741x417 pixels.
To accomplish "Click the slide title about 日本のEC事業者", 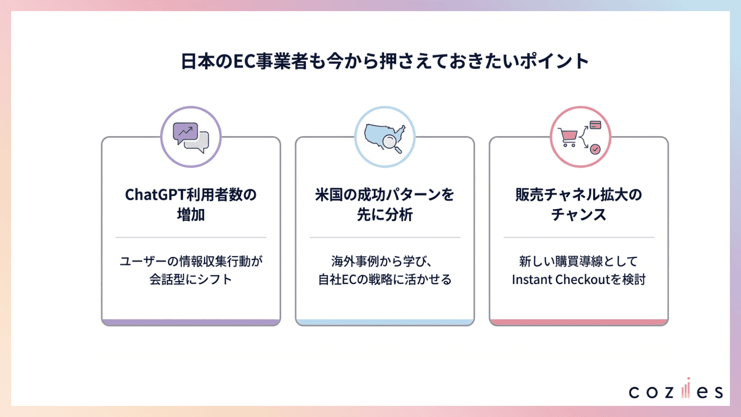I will tap(384, 61).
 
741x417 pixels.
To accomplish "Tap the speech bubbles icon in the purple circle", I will tap(191, 137).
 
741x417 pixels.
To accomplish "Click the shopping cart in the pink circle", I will tap(568, 137).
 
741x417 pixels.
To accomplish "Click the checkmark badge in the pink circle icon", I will tap(595, 149).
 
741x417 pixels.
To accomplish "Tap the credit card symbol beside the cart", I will tap(596, 125).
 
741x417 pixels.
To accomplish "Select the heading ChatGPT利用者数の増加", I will tap(191, 204).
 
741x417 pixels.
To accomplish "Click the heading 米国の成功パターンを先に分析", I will tap(384, 204).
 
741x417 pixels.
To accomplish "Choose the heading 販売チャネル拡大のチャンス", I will tap(578, 204).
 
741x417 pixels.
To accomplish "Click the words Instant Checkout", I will tap(561, 280).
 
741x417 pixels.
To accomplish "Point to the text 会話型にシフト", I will tap(191, 280).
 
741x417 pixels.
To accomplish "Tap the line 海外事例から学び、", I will tap(382, 261).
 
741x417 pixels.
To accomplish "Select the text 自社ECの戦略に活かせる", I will tap(384, 280).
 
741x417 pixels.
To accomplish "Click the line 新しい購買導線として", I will tap(578, 261).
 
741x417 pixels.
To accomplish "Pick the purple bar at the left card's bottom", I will tap(191, 322).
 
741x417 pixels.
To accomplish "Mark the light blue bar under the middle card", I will tap(384, 322).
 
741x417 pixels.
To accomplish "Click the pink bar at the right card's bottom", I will tap(578, 322).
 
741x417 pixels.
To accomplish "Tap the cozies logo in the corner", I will tap(675, 390).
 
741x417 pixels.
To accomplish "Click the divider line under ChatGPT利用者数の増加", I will tap(191, 237).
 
